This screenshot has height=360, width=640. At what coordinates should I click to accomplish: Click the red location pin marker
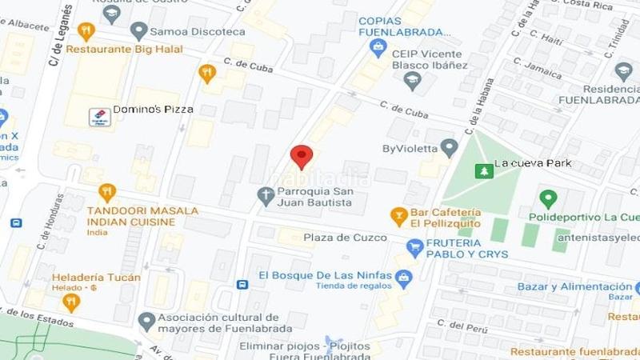point(301,157)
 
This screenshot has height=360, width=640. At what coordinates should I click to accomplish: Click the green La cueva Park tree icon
point(482,171)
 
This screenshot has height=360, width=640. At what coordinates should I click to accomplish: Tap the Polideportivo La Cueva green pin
point(548,198)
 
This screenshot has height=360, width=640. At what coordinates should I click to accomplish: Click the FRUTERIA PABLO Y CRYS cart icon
point(414,249)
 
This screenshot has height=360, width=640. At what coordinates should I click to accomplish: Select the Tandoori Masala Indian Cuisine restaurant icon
point(107,193)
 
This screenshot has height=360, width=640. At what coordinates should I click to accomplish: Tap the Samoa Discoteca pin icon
point(139,31)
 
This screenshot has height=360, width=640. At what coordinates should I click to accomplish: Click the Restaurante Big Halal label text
point(124,49)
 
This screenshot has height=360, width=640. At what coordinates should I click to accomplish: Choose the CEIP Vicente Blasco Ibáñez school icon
point(412,78)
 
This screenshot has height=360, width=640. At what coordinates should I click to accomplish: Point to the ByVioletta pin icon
point(450,147)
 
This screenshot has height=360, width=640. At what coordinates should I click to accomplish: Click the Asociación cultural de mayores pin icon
point(146,322)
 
